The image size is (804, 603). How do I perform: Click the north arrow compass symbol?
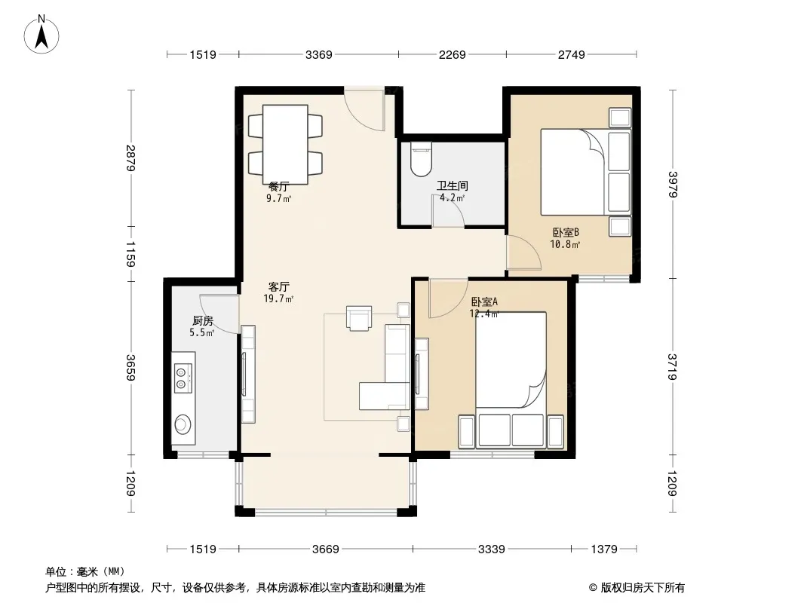pyautogui.click(x=41, y=34)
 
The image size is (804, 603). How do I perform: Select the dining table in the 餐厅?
pyautogui.click(x=285, y=144)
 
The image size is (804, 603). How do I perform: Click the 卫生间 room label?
pyautogui.click(x=453, y=185)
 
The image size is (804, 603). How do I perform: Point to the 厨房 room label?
pyautogui.click(x=203, y=320)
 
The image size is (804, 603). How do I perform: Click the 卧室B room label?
pyautogui.click(x=566, y=232)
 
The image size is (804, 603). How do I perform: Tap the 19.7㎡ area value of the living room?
pyautogui.click(x=278, y=298)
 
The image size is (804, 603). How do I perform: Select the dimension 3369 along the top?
pyautogui.click(x=319, y=54)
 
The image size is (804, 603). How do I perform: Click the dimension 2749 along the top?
pyautogui.click(x=571, y=54)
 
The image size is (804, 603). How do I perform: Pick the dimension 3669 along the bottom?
pyautogui.click(x=326, y=549)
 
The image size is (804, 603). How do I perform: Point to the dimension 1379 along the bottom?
pyautogui.click(x=604, y=549)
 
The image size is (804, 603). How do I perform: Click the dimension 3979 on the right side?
pyautogui.click(x=673, y=184)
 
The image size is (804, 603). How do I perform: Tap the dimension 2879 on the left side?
pyautogui.click(x=130, y=158)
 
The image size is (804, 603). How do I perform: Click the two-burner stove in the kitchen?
pyautogui.click(x=183, y=378)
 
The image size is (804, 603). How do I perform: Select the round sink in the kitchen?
pyautogui.click(x=183, y=424)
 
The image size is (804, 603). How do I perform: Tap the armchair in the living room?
pyautogui.click(x=359, y=318)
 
